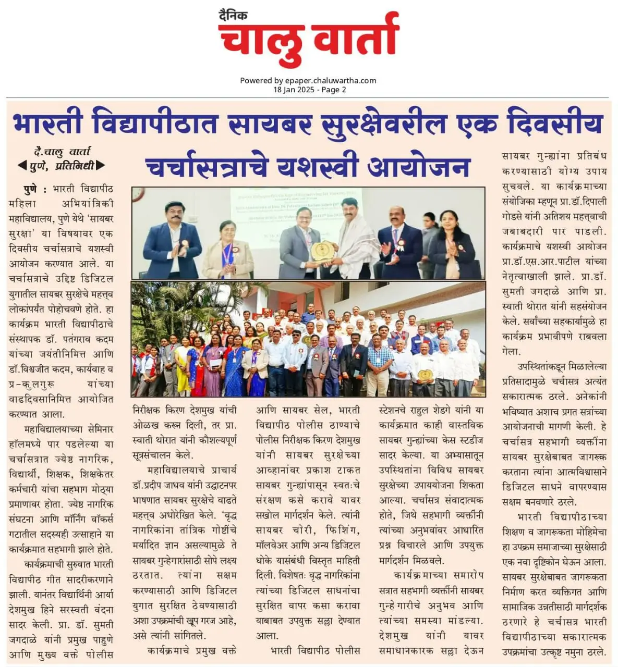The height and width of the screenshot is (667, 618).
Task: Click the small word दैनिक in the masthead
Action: pyautogui.click(x=233, y=16)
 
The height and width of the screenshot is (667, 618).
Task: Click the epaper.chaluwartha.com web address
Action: pyautogui.click(x=331, y=80)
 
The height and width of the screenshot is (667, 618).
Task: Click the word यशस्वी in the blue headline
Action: pyautogui.click(x=319, y=166)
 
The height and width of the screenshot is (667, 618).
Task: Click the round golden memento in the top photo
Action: pyautogui.click(x=320, y=251)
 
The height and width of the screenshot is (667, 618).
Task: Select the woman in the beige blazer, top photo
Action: pyautogui.click(x=227, y=248)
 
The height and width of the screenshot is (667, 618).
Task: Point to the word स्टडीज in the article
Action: pyautogui.click(x=467, y=440)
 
